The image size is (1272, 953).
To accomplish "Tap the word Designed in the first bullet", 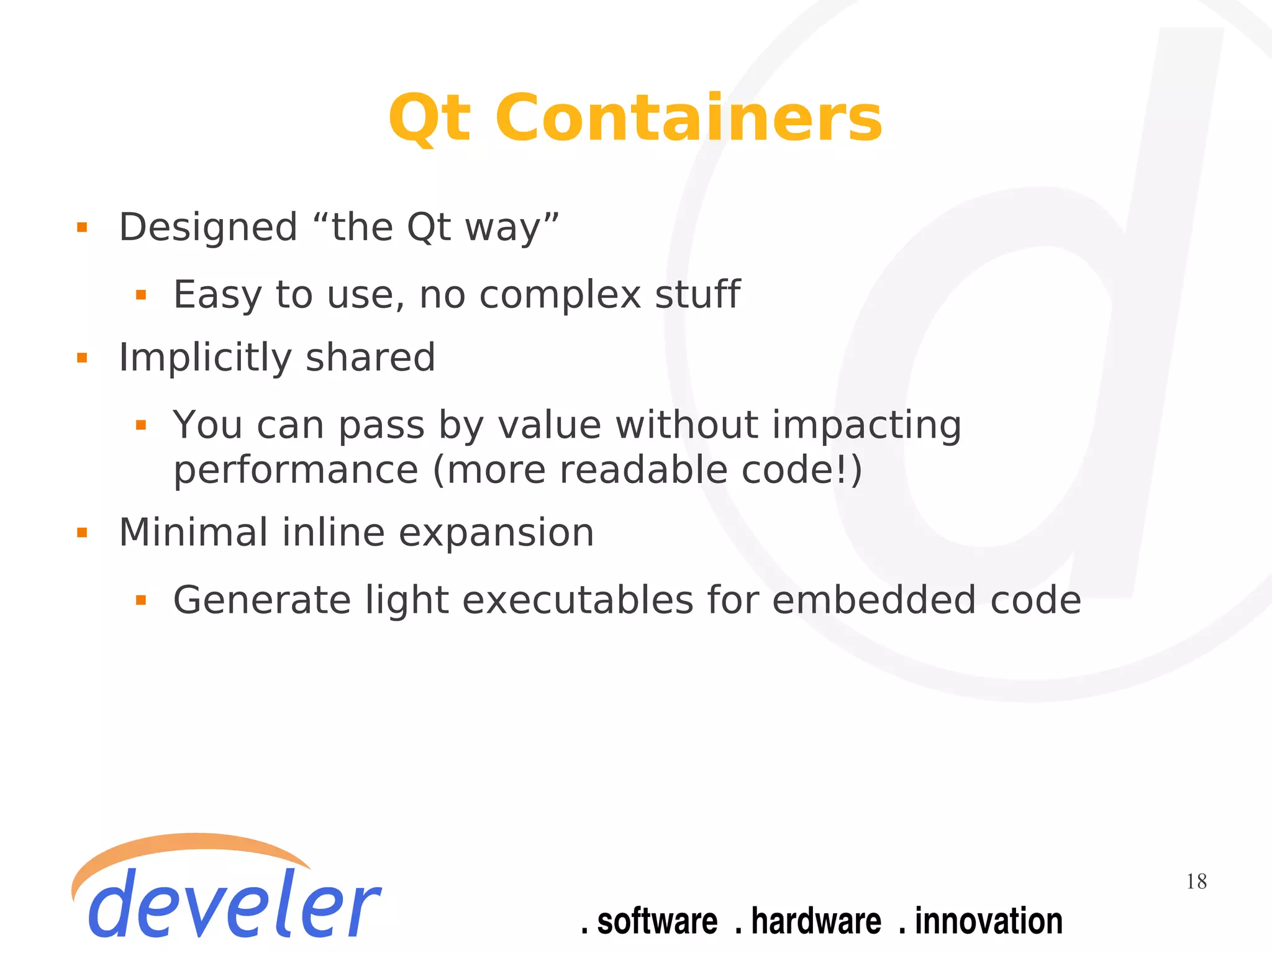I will coord(208,227).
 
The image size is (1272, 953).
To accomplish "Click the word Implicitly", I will coord(205,358).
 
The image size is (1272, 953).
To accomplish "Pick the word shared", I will coord(370,358).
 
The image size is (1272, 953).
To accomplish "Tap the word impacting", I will coord(866,426).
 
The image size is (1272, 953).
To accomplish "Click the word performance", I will coord(296,470).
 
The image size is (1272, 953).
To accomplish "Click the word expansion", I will coord(496,534).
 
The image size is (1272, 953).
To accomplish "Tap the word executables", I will coord(578,600).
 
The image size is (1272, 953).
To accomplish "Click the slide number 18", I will coord(1196,882).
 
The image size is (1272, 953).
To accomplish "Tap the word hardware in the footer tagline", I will coord(815,921).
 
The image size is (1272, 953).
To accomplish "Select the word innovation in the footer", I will coord(989,921).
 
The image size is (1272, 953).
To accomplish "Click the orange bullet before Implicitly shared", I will coord(82,358).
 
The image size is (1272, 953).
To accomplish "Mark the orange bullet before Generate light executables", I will coord(141,600).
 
